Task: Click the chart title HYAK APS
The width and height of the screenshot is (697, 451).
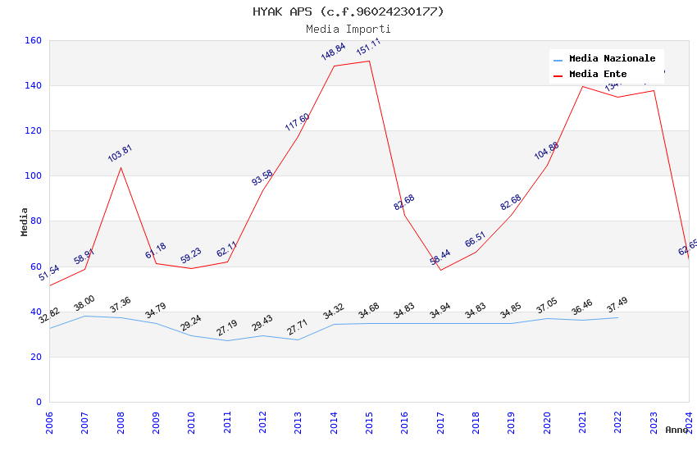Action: (x=348, y=11)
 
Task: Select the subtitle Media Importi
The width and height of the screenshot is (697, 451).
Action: (x=348, y=30)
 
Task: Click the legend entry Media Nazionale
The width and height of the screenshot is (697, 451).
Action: (x=612, y=59)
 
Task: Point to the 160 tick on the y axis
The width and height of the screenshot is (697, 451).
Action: (x=34, y=40)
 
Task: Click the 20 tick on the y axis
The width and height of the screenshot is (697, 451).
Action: (x=36, y=357)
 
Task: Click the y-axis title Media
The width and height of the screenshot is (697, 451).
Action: (x=25, y=221)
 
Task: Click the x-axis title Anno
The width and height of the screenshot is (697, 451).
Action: (x=676, y=430)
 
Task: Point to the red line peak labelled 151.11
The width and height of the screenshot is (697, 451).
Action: (x=369, y=61)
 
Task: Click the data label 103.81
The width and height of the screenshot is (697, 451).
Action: (x=120, y=153)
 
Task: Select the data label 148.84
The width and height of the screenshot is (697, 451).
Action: (x=333, y=52)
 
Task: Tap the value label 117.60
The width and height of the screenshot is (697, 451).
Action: (x=297, y=122)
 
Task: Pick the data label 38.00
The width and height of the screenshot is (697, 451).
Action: (x=84, y=304)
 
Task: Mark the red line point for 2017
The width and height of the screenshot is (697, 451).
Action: (x=440, y=270)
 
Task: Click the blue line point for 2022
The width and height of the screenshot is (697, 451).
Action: (x=617, y=317)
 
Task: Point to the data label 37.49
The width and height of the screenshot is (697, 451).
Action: (x=617, y=305)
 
